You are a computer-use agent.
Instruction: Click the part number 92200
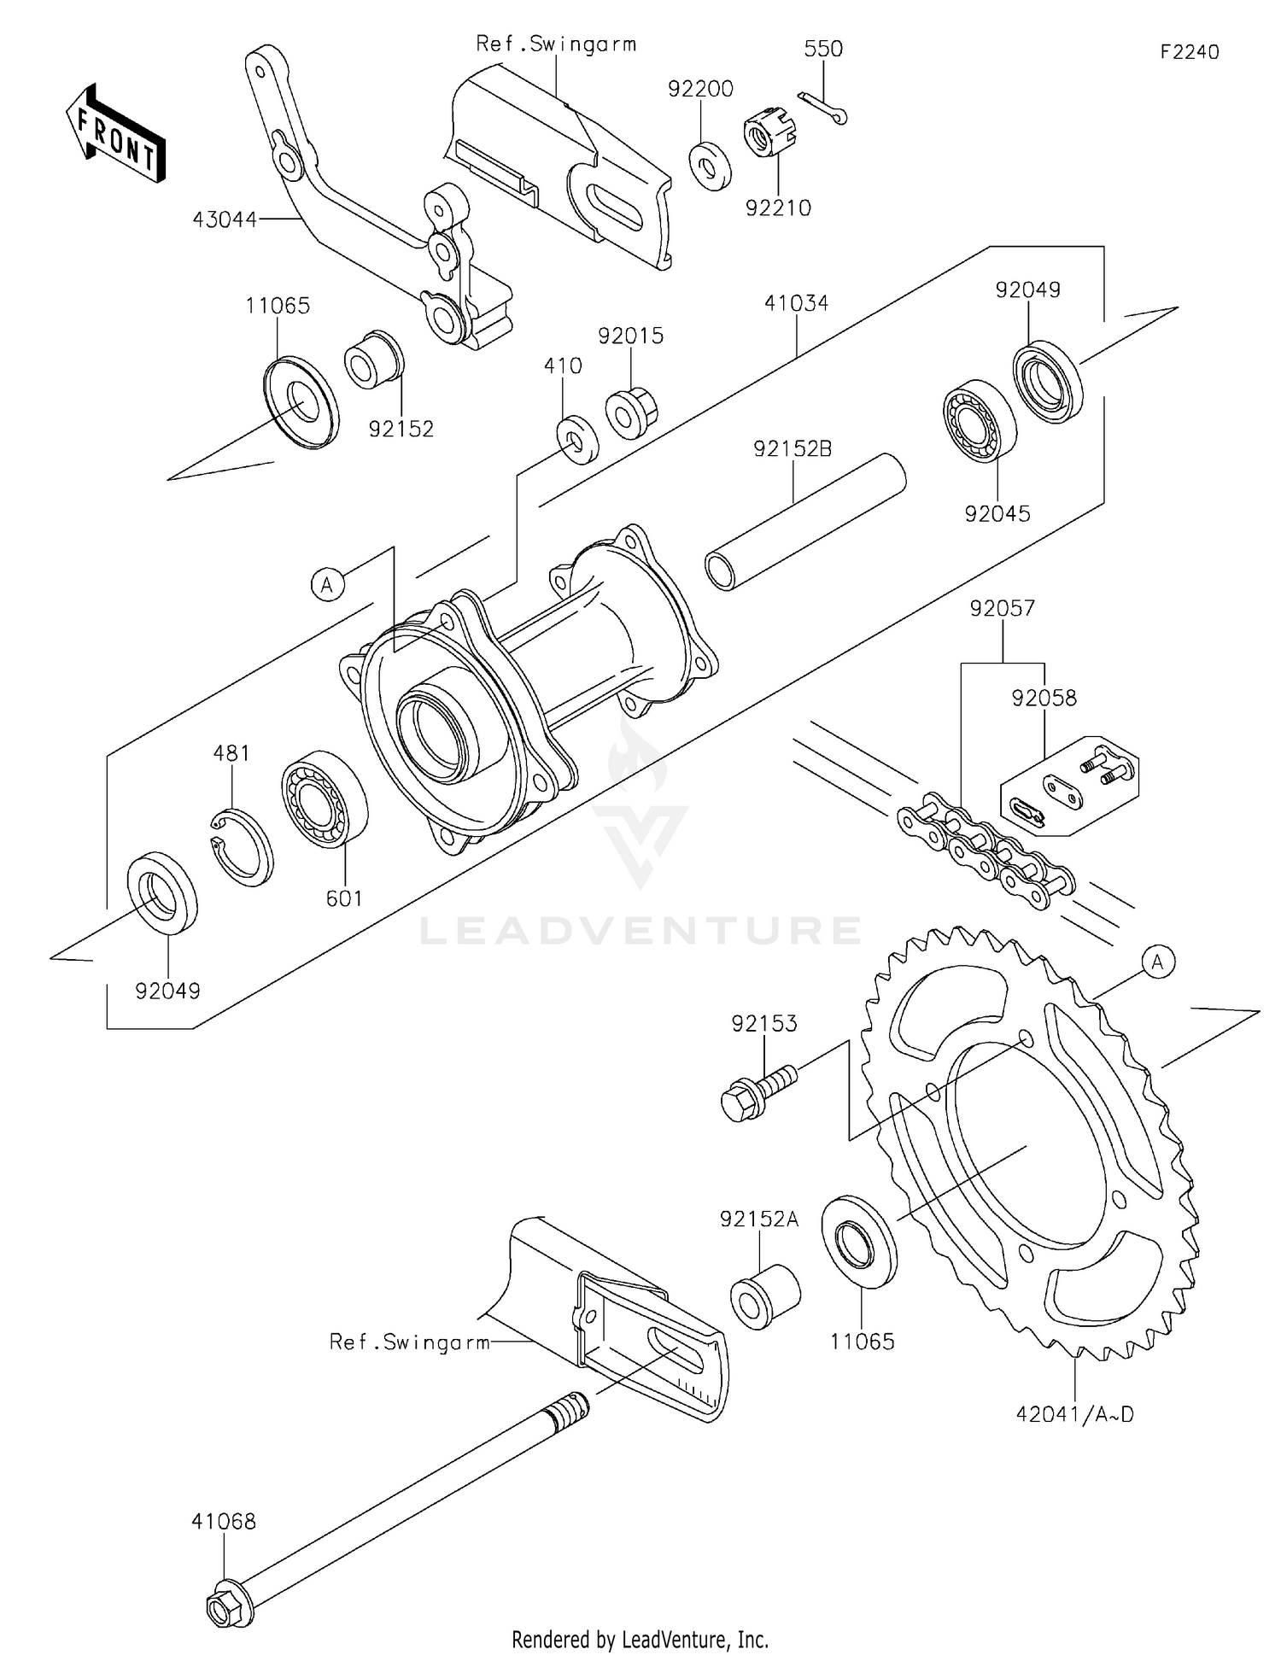(x=700, y=89)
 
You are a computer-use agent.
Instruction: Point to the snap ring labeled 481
(x=243, y=845)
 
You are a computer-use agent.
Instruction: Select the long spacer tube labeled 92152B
(x=804, y=522)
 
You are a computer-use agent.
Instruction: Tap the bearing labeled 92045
(x=980, y=424)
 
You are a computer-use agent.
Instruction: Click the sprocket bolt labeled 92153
(x=757, y=1091)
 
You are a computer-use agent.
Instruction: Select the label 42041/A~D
(x=1074, y=1414)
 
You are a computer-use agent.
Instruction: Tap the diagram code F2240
(x=1189, y=52)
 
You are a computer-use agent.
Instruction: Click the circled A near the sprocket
(x=1157, y=962)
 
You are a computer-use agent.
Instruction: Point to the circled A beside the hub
(x=327, y=585)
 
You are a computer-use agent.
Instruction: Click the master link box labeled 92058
(x=1068, y=787)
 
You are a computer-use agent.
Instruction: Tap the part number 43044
(x=225, y=219)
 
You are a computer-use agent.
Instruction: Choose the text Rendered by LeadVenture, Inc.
(x=640, y=1639)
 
